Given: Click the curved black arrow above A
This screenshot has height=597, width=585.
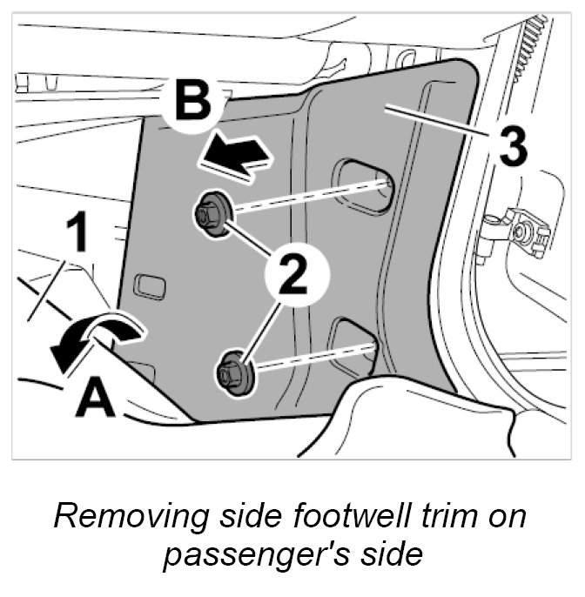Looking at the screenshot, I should (x=91, y=339).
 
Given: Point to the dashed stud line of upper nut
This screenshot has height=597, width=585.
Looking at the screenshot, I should (x=305, y=196).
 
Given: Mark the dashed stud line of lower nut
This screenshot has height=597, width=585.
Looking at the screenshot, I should (x=313, y=357).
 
